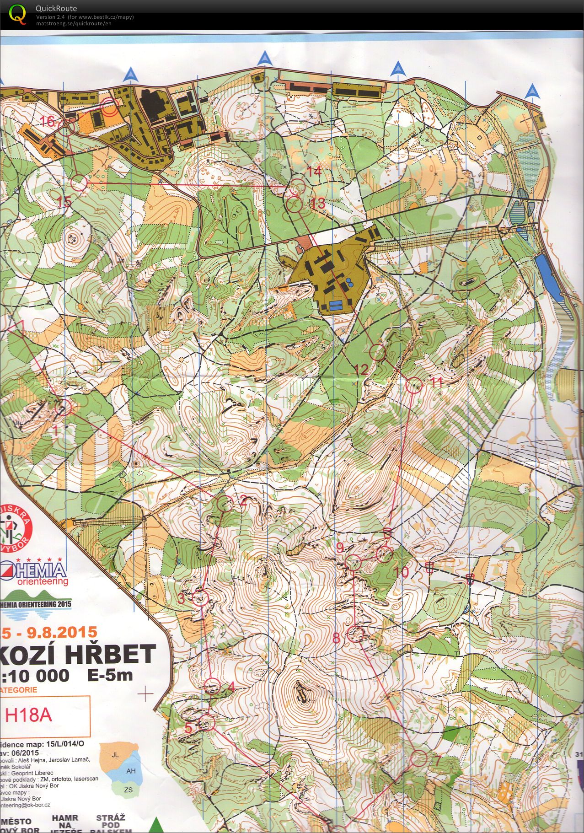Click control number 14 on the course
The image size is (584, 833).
click(298, 186)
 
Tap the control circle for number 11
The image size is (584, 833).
click(414, 386)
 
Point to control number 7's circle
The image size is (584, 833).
click(418, 758)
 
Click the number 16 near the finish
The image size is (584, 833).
click(48, 121)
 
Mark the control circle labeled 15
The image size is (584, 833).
click(79, 183)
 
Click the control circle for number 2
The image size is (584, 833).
click(225, 505)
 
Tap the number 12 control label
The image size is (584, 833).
click(361, 370)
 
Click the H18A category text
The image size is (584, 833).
click(28, 715)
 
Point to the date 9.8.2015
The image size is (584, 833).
click(62, 632)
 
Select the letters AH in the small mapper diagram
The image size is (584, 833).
click(131, 771)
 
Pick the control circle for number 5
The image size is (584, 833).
click(207, 722)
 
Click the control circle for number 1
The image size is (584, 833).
click(64, 407)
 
